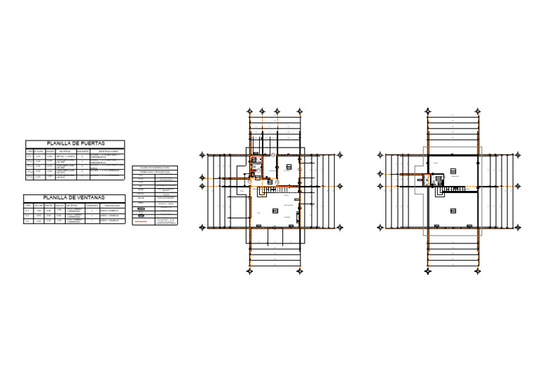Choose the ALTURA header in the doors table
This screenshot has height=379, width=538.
click(39, 150)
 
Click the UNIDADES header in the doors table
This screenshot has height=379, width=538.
click(83, 150)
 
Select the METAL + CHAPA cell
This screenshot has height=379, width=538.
click(65, 156)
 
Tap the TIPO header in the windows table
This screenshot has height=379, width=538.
click(28, 205)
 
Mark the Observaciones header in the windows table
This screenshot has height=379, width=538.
click(112, 205)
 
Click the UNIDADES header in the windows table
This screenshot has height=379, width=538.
click(92, 205)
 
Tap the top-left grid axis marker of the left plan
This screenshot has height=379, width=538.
click(250, 110)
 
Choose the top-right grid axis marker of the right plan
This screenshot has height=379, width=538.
click(481, 110)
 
